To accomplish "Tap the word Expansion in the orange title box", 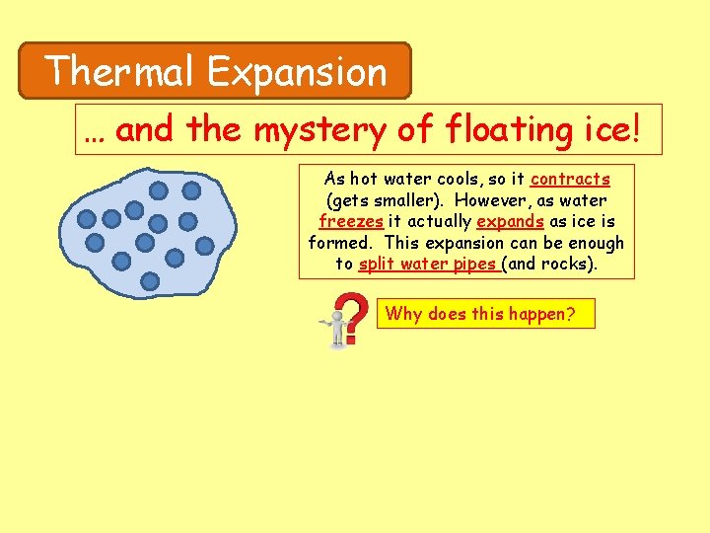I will [297, 71].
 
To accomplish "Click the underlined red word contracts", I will [570, 180].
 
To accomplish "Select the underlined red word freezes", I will [351, 222].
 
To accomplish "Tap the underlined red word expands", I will [510, 222].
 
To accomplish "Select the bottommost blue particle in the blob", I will [150, 281].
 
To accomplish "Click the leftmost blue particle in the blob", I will [87, 219].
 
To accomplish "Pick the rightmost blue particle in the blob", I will [205, 245].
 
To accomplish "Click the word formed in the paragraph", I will [341, 243].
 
